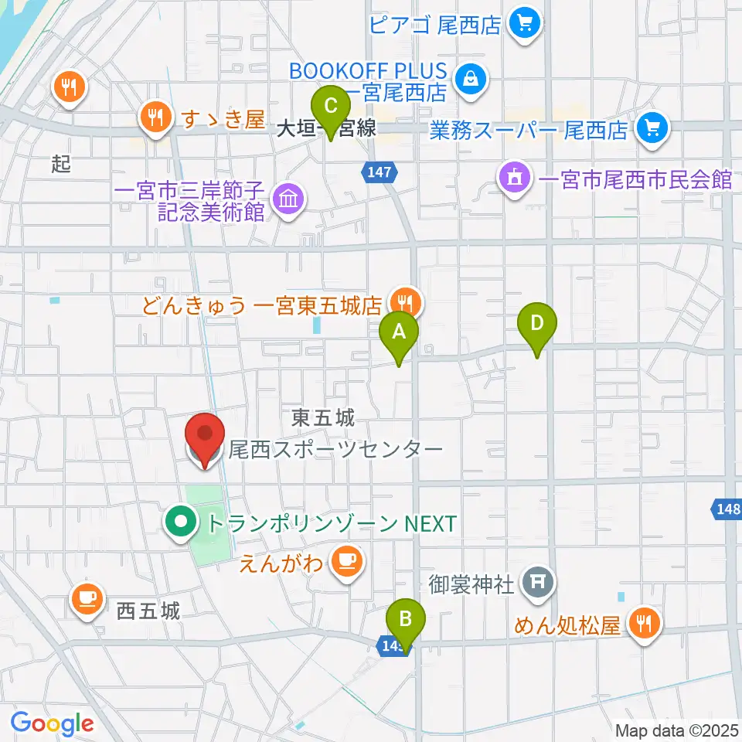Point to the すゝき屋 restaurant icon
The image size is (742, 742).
coord(155,117)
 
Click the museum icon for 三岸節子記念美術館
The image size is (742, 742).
coord(287,201)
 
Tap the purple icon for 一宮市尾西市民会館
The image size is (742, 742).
coord(516,180)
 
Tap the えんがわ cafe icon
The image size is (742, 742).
coord(345,560)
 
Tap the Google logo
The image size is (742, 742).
coord(52,723)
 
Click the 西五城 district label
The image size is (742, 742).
coord(148,612)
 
